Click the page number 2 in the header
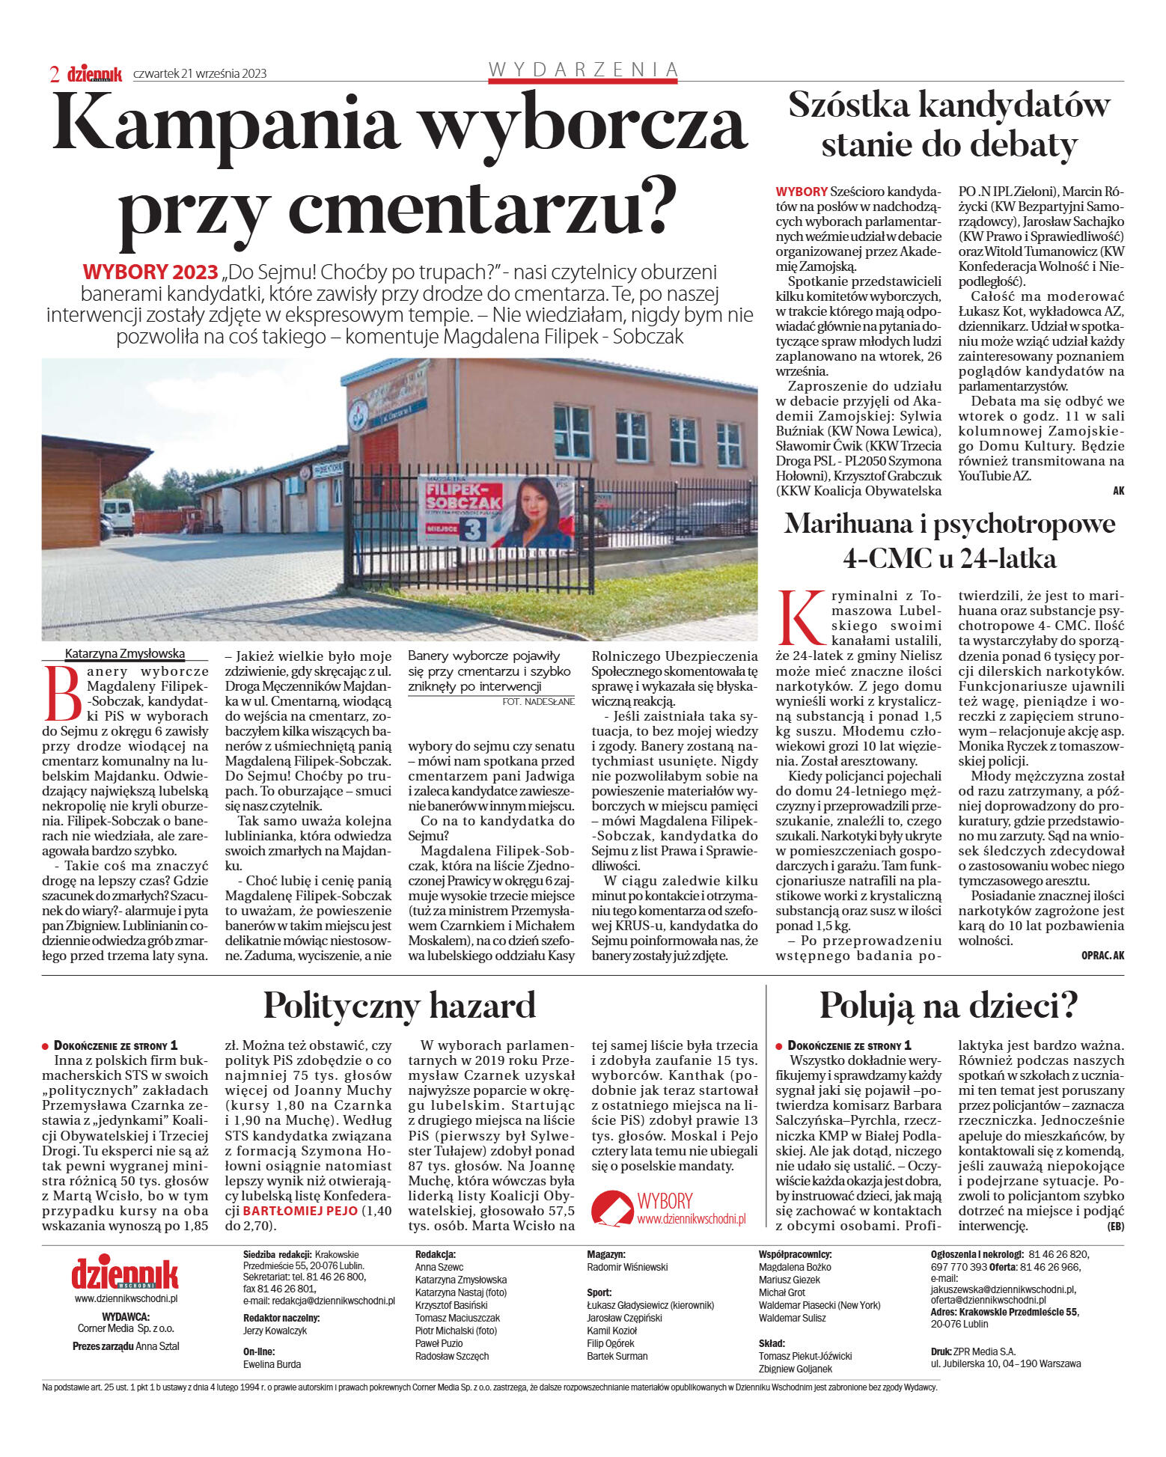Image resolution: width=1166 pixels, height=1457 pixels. (55, 73)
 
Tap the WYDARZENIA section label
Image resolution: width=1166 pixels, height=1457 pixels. (582, 70)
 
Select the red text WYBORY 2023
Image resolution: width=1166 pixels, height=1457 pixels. (150, 272)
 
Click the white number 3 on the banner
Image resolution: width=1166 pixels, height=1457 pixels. (473, 529)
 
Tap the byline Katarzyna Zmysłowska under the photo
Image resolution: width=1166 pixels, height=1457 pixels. (124, 653)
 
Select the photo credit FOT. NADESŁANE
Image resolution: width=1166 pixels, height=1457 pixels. (539, 701)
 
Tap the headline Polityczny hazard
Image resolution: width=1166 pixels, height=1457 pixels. (400, 1005)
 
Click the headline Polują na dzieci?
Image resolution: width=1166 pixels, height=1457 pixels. (948, 1005)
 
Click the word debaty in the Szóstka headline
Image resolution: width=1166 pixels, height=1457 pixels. (1025, 144)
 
